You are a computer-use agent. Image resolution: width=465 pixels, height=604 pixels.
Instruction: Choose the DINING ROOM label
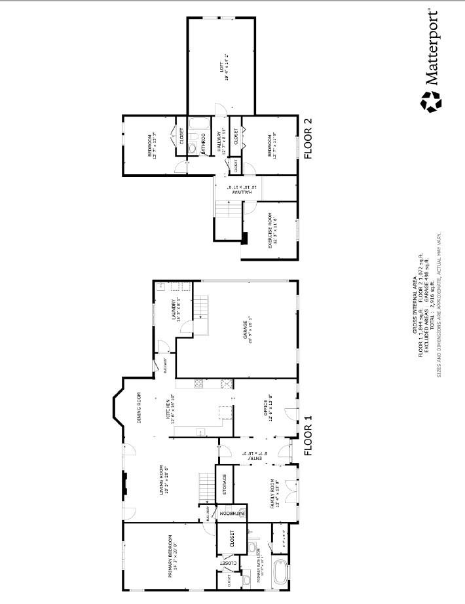coord(139,407)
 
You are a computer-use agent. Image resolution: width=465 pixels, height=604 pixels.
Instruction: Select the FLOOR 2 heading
coord(308,139)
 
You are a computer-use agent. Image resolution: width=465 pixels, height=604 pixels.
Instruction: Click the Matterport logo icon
coord(431,102)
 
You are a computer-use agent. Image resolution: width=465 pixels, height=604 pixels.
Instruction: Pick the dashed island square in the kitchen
coord(225,413)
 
